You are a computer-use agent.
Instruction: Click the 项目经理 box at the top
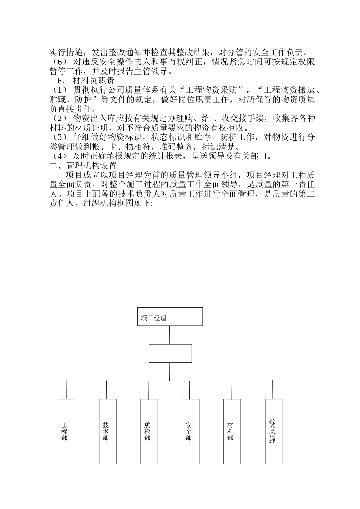(x=169, y=317)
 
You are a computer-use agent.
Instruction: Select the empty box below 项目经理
(x=170, y=353)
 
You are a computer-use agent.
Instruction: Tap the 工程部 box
(x=66, y=431)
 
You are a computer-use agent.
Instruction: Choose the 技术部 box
(x=107, y=431)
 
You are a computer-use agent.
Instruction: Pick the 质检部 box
(x=149, y=431)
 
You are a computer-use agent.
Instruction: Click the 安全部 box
(x=190, y=431)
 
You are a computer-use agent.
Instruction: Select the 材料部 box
(x=232, y=431)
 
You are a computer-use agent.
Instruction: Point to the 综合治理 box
(x=274, y=431)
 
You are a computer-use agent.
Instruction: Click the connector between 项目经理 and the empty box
(x=169, y=335)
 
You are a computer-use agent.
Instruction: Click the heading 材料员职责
(x=93, y=81)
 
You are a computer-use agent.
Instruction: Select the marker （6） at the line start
(x=59, y=62)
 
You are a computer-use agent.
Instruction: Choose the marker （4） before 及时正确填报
(x=59, y=156)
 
